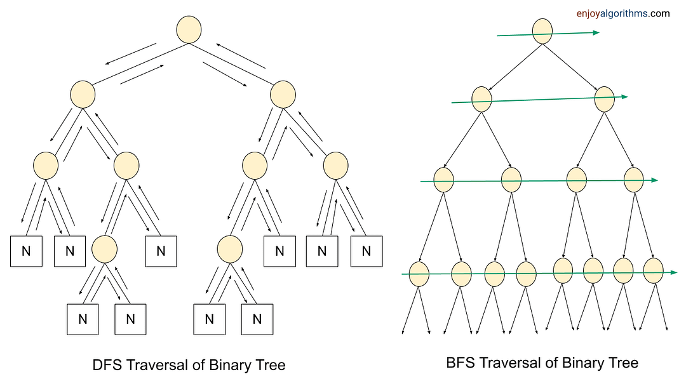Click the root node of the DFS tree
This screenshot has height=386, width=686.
click(189, 30)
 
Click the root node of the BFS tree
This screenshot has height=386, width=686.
click(542, 31)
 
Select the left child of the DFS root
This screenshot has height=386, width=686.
click(83, 95)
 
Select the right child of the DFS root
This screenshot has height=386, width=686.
click(283, 95)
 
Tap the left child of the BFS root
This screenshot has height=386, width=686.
click(482, 99)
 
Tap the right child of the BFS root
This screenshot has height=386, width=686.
click(605, 98)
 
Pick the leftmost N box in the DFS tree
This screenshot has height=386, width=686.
click(26, 251)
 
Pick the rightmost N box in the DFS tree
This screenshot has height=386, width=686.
click(367, 251)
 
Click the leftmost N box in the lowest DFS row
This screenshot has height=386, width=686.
click(83, 319)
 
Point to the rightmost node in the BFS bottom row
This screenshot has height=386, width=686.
click(653, 270)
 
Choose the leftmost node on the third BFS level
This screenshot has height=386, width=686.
click(443, 180)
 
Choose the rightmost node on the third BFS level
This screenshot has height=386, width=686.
click(634, 179)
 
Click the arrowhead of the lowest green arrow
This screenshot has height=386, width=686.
click(674, 272)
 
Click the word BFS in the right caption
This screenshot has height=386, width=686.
click(459, 363)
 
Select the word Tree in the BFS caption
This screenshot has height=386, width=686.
click(623, 363)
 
